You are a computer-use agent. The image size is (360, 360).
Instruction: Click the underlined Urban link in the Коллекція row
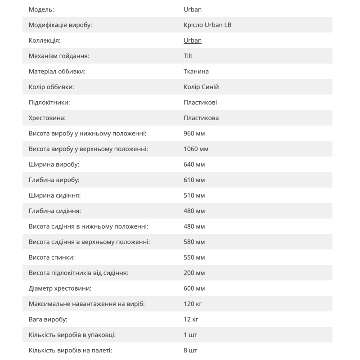point(193,40)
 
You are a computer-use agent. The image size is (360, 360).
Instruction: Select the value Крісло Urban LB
point(207,25)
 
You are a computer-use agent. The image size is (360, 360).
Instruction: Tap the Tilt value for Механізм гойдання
point(188,56)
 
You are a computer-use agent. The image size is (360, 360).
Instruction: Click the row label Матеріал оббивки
point(57,72)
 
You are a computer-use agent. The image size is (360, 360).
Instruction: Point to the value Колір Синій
point(201,87)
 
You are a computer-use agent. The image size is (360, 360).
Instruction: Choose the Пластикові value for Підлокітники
point(200,103)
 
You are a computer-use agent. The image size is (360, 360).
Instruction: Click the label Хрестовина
point(47,118)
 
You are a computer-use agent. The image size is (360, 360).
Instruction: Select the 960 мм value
point(194,134)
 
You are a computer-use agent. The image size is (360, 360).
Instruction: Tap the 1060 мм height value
point(196,149)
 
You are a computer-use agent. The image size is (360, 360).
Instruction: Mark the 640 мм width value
point(194,164)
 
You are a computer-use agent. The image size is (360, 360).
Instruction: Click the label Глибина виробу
point(54,180)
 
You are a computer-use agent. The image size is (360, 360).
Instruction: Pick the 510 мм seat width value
point(194,195)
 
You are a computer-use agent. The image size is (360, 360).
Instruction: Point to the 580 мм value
point(194,242)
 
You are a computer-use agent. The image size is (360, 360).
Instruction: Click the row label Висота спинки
point(52,257)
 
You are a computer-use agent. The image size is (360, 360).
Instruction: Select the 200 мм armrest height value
point(194,273)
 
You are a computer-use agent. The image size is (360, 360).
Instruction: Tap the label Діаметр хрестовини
point(60,288)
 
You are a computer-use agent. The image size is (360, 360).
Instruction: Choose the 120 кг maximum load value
point(193,304)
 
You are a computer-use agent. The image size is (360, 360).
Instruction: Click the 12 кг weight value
point(191,319)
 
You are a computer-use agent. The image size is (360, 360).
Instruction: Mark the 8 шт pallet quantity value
point(190,350)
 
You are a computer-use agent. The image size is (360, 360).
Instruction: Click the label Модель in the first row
point(42,9)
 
